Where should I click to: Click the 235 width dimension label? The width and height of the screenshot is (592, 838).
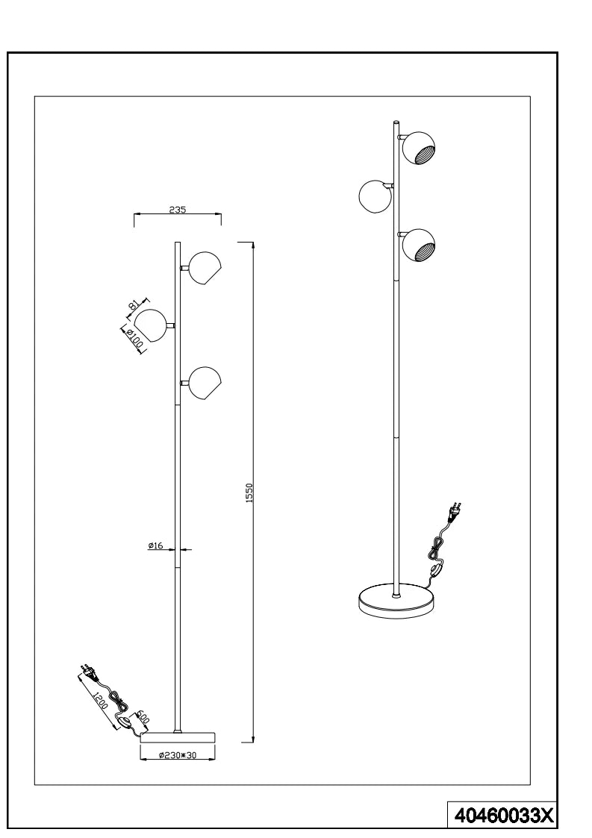tap(177, 210)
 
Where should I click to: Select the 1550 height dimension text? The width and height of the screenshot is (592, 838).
tap(249, 493)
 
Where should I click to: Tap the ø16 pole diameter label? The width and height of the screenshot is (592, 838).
tap(155, 545)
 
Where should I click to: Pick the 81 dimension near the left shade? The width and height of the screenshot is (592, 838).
tap(133, 306)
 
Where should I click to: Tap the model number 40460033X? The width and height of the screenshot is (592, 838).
tap(503, 816)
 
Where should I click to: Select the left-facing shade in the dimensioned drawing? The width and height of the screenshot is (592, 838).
tap(150, 325)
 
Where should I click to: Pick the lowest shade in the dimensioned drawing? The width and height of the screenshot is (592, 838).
tap(205, 383)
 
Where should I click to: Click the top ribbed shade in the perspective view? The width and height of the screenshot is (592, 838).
tap(418, 148)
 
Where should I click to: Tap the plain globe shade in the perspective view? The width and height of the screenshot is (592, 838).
tap(376, 197)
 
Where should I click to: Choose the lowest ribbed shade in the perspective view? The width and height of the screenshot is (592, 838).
tap(418, 246)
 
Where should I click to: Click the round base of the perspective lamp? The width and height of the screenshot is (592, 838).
tap(396, 601)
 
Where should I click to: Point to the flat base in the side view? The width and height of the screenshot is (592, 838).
tap(178, 737)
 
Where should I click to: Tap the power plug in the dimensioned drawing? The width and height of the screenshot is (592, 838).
tap(87, 673)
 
